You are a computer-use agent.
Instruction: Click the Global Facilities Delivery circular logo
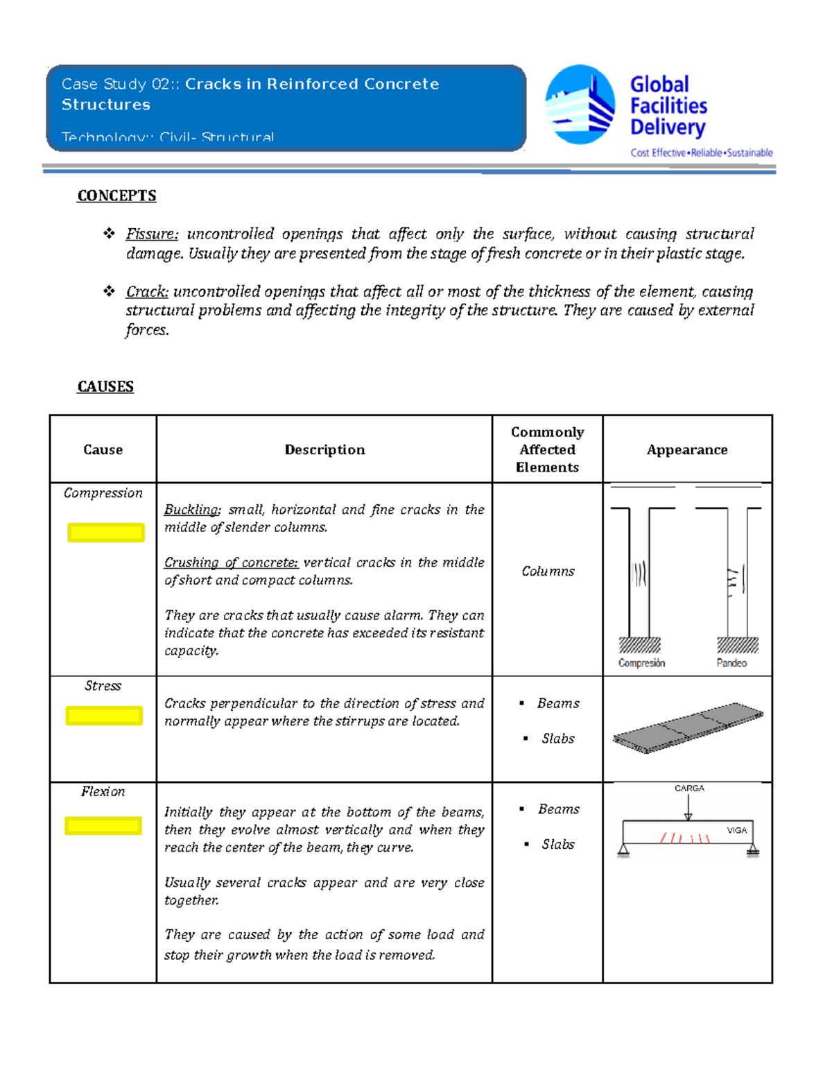(x=580, y=105)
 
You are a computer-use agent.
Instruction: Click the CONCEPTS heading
(x=116, y=196)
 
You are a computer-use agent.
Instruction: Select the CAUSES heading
(x=105, y=386)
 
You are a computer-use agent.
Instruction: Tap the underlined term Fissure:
(x=152, y=234)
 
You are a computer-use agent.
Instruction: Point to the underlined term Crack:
(x=147, y=291)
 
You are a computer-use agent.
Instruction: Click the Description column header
(x=324, y=449)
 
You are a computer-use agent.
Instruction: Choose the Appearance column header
(x=686, y=449)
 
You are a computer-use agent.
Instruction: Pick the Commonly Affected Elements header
(x=547, y=449)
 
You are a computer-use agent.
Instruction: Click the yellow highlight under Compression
(x=106, y=533)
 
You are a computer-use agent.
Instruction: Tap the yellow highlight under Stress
(x=104, y=716)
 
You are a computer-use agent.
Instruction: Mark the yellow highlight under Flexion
(x=103, y=825)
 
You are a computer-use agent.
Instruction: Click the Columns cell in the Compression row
(x=548, y=571)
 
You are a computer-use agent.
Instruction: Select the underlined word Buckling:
(x=192, y=510)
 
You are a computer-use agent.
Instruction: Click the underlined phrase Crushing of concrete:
(x=231, y=562)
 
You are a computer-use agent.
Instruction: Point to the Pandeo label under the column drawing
(x=731, y=663)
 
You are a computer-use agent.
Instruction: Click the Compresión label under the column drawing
(x=641, y=663)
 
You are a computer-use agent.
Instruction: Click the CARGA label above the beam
(x=689, y=789)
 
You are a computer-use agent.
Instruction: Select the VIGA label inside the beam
(x=736, y=830)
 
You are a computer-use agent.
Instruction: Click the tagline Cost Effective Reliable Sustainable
(x=701, y=153)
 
